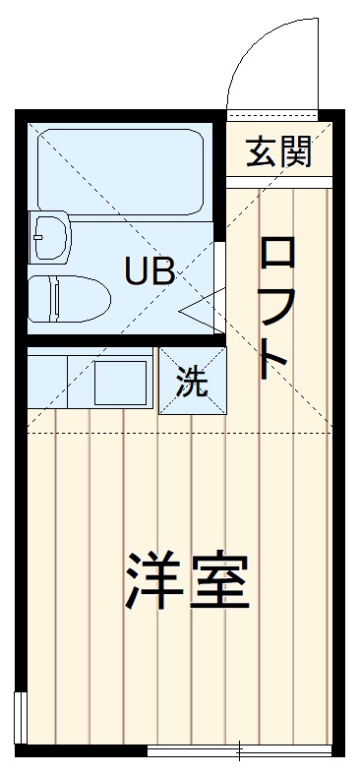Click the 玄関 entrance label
pyautogui.click(x=279, y=151)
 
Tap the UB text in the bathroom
pyautogui.click(x=150, y=270)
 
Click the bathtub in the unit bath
pyautogui.click(x=119, y=167)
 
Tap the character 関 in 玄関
pyautogui.click(x=295, y=151)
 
